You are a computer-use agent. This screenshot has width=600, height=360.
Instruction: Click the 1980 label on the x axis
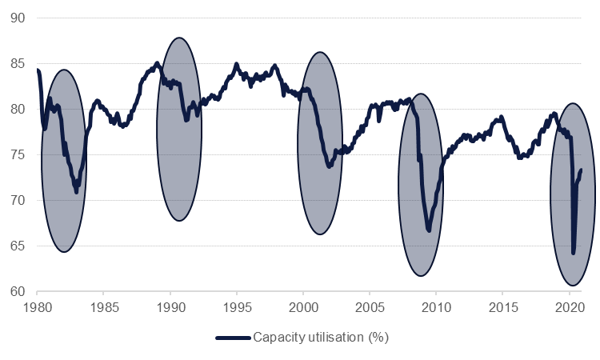tap(37, 307)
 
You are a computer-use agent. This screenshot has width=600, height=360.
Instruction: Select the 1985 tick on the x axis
tap(103, 307)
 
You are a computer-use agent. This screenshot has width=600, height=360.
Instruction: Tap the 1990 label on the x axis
tap(170, 307)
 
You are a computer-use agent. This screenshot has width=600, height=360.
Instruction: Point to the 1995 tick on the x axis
tap(236, 307)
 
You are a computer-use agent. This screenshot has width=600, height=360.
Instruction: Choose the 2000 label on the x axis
tap(302, 307)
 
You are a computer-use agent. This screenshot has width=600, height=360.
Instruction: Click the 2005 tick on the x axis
tap(369, 307)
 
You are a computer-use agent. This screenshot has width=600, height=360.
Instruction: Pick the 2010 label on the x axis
tap(435, 307)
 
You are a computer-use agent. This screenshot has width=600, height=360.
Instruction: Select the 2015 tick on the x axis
tap(502, 307)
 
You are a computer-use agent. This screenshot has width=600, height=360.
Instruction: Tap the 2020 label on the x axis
tap(568, 307)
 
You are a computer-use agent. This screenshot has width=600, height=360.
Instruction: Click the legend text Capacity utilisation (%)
tap(321, 338)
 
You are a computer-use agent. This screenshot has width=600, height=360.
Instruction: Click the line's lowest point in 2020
tap(574, 253)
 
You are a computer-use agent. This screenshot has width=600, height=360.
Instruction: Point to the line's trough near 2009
tap(430, 230)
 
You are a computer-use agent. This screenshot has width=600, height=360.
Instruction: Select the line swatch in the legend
tap(234, 338)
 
